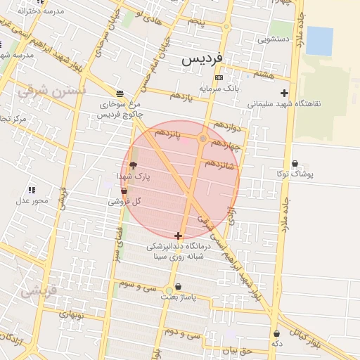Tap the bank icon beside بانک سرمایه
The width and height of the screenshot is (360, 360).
[219, 77]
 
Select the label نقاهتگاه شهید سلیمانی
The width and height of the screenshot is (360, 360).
[283, 103]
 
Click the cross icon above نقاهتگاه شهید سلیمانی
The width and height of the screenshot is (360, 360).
[284, 93]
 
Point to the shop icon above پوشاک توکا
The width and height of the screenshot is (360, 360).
[294, 163]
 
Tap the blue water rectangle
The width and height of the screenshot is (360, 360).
[319, 41]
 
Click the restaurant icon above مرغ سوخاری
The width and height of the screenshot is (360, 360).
[120, 94]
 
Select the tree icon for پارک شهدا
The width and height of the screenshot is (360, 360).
[134, 165]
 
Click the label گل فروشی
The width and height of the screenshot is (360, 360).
[124, 201]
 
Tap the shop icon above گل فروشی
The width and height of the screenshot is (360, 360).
[124, 191]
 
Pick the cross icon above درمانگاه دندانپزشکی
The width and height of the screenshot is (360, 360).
[179, 236]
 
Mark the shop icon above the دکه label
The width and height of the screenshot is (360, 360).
[276, 333]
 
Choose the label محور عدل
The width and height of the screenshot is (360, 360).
[32, 201]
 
